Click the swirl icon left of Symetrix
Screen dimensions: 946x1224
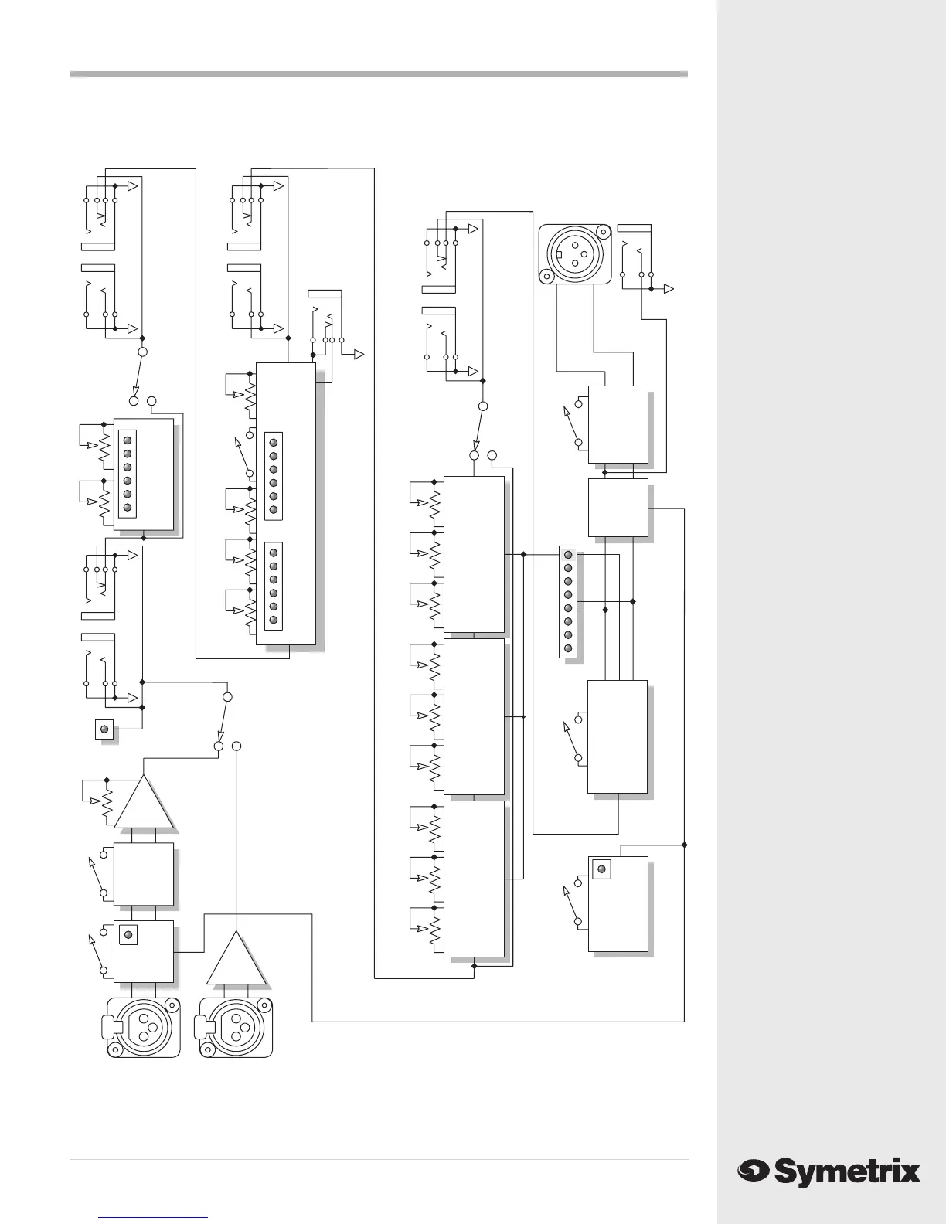[x=752, y=1172]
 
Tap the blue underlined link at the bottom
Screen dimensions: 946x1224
[x=154, y=1216]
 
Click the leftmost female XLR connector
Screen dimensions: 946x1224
[x=142, y=1026]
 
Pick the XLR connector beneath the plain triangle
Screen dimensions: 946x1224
[x=236, y=1026]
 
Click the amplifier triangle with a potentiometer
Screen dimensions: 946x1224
[x=145, y=804]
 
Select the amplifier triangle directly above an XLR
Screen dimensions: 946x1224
[x=236, y=958]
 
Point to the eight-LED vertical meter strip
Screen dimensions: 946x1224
[x=568, y=603]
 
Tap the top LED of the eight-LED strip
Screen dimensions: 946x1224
[x=568, y=555]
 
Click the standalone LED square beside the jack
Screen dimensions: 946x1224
[x=104, y=729]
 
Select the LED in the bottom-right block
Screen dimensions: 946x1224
[x=601, y=869]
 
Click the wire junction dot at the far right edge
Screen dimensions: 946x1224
[x=685, y=844]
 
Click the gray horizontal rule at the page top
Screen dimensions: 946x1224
[x=378, y=74]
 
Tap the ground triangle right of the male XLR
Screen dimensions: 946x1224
[x=669, y=289]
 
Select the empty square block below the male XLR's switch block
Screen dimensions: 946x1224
[x=618, y=508]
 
